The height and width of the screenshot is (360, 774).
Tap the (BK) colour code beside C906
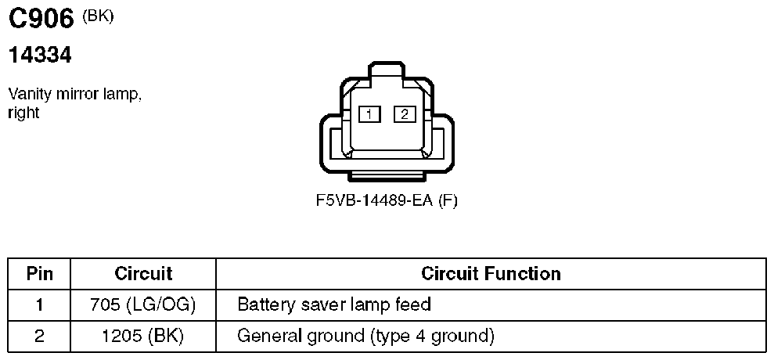tap(98, 16)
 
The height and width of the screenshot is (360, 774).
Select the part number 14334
tap(40, 56)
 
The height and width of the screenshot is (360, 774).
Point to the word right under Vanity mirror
tap(23, 113)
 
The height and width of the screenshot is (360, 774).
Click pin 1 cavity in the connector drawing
tap(369, 114)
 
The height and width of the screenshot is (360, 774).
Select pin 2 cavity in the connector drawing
tap(405, 114)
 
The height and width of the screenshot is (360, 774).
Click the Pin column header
tap(39, 274)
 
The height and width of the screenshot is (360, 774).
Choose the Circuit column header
tap(143, 274)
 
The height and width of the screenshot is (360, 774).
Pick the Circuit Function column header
tap(491, 274)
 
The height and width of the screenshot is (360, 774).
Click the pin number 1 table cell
tap(39, 304)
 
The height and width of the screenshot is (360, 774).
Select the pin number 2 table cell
tap(39, 337)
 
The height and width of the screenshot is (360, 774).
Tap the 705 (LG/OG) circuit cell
tap(143, 304)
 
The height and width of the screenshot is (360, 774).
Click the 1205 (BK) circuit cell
tap(143, 337)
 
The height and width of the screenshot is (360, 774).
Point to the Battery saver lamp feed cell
tap(334, 304)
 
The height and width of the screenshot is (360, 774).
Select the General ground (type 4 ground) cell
tap(365, 337)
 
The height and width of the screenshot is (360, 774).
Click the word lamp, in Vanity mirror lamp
tap(121, 95)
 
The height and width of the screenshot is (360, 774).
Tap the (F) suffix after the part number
tap(448, 200)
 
